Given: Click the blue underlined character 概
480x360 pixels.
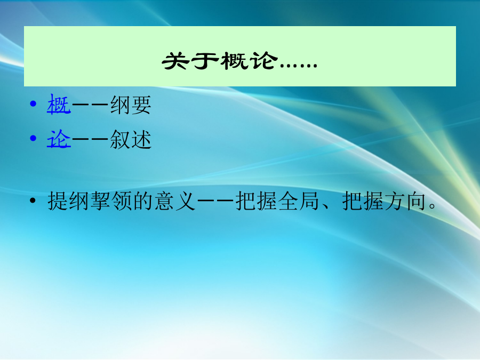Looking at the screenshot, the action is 59,105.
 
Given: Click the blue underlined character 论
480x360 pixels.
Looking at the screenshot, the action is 59,139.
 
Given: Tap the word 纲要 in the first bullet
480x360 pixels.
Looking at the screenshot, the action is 131,105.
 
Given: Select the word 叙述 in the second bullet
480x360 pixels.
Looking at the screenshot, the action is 131,139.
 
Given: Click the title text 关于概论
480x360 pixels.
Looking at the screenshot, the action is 220,61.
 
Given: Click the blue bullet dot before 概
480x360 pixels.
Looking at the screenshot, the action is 33,104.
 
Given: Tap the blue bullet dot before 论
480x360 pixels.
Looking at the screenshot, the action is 33,138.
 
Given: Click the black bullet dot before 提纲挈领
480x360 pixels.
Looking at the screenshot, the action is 33,201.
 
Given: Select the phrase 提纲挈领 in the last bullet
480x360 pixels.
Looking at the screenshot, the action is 90,201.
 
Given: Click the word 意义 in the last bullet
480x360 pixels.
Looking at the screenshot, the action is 174,201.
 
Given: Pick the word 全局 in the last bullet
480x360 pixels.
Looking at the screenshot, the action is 299,201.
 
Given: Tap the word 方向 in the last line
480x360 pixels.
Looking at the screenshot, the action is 405,201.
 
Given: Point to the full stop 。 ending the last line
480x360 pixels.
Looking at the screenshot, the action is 432,205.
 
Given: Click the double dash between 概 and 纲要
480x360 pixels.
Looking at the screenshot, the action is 90,105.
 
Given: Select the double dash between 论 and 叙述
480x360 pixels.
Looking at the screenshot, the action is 90,139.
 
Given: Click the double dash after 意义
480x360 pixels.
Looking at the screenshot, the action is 215,201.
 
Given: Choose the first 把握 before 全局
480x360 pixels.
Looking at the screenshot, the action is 257,201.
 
